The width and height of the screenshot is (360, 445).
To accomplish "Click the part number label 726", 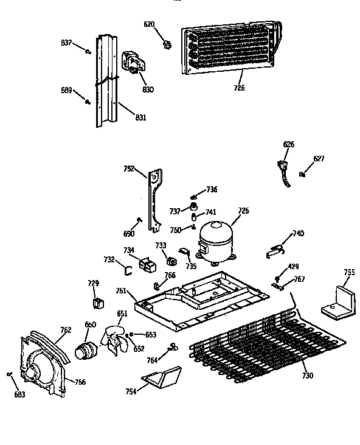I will coord(239,88).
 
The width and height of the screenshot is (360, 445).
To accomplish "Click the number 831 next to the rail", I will coord(140,117).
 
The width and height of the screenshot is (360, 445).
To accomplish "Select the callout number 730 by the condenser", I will coord(307,376).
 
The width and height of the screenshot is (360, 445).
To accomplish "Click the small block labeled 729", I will coord(95,303).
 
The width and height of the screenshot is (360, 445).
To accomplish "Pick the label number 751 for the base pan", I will coord(122,291).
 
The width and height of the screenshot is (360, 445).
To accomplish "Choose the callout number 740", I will coord(298,233).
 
